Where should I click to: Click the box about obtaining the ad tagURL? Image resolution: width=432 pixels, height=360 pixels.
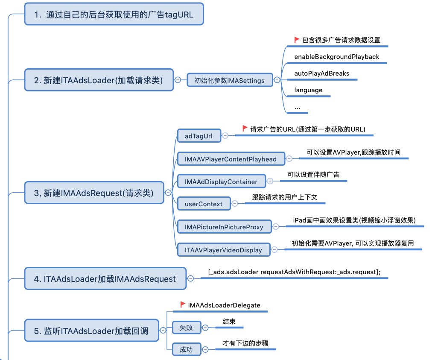click(114, 14)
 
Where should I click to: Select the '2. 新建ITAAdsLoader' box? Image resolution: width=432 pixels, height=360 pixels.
click(99, 80)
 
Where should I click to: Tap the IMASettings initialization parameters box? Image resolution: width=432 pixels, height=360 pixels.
click(230, 80)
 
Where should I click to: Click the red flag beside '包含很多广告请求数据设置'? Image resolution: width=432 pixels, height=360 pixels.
click(297, 40)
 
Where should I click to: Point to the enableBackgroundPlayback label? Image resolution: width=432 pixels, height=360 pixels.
click(337, 57)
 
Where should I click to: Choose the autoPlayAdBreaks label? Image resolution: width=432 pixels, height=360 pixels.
click(321, 73)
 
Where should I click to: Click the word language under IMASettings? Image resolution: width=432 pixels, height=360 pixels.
click(308, 90)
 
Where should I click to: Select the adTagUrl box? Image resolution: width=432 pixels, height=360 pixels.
click(199, 136)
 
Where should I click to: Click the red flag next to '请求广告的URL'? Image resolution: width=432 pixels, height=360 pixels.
click(245, 129)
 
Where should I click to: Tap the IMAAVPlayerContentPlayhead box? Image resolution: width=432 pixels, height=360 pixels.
click(231, 159)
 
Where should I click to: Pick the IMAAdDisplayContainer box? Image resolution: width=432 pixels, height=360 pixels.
click(222, 181)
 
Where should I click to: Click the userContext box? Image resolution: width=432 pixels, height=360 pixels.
click(204, 204)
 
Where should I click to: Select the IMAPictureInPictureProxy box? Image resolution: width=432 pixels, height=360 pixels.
click(225, 227)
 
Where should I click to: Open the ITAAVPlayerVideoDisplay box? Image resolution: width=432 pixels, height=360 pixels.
click(224, 250)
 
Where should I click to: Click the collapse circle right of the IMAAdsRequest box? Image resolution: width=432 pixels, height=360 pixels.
click(168, 193)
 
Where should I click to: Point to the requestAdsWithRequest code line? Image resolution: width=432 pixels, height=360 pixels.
click(294, 272)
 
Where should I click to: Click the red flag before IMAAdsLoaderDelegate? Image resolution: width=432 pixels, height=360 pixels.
click(182, 304)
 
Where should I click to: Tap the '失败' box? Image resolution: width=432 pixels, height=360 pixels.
click(187, 328)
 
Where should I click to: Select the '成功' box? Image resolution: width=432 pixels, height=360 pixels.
click(187, 349)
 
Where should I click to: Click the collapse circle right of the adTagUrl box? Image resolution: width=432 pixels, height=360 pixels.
click(225, 136)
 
